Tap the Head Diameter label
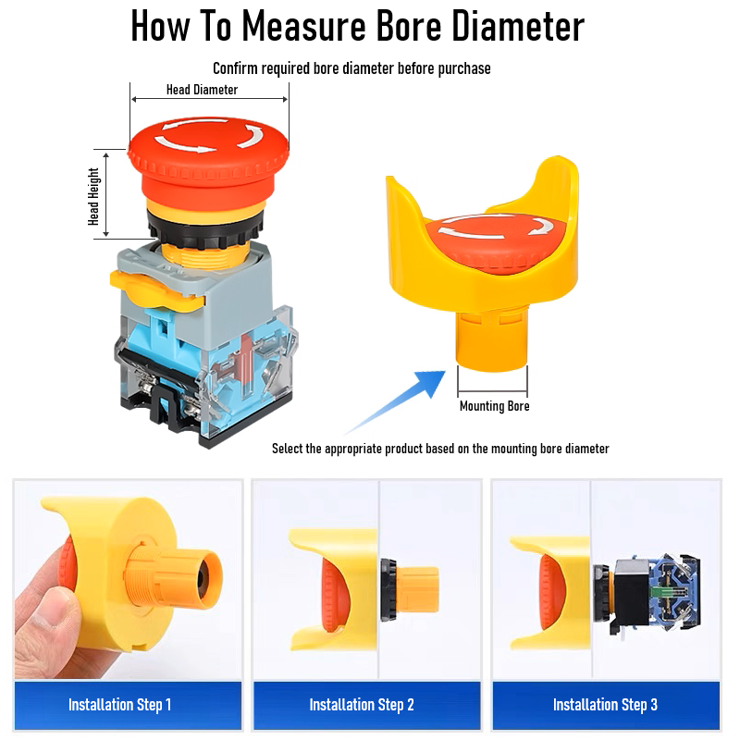[202, 90]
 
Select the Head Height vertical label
[93, 196]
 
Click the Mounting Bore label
[494, 406]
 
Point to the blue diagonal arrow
[396, 401]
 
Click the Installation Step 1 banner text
[120, 705]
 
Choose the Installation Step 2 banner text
[362, 705]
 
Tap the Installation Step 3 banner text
[605, 705]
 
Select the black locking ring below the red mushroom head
[205, 228]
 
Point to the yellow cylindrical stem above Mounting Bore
[491, 339]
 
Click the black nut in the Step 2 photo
[388, 590]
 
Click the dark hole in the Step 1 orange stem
[203, 579]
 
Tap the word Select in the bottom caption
[287, 449]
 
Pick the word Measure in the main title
[304, 26]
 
